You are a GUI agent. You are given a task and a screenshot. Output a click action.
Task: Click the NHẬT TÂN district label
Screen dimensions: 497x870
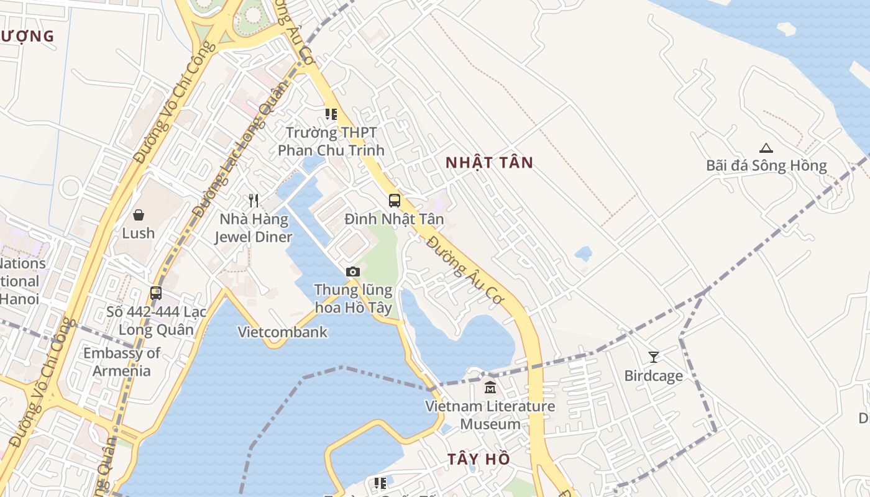tap(490, 163)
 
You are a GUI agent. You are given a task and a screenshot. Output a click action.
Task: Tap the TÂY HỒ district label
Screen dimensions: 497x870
tap(478, 459)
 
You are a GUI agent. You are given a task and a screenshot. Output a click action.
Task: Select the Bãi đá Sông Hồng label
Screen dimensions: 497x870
tap(766, 166)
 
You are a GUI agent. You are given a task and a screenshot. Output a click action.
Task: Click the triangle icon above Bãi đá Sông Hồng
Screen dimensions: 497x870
tap(766, 148)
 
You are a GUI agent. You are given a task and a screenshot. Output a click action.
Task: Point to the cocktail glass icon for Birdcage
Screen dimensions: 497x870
tap(653, 357)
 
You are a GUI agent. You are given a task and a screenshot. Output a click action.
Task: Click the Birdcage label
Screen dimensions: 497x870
tap(653, 376)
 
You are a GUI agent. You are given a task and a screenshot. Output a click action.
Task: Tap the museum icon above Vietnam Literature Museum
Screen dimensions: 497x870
tap(490, 388)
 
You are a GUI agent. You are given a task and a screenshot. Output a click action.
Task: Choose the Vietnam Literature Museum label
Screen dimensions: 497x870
tap(490, 415)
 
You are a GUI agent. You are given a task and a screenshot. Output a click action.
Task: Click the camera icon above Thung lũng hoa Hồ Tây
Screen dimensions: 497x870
tap(353, 271)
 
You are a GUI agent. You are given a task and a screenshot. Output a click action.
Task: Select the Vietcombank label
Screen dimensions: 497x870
tap(283, 332)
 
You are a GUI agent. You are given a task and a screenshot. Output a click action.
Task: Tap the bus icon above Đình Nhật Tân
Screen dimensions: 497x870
tap(395, 201)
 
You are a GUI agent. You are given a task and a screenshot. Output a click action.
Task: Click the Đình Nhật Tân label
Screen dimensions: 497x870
tap(395, 219)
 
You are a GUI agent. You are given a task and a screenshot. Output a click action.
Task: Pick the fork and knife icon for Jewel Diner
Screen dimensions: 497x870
tap(254, 201)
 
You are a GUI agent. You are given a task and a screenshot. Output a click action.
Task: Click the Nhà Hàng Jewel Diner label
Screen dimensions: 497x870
tap(254, 228)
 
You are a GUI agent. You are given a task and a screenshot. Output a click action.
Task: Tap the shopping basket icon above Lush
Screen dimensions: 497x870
tap(139, 215)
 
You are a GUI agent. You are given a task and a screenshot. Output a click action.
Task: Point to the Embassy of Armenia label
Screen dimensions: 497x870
tap(122, 362)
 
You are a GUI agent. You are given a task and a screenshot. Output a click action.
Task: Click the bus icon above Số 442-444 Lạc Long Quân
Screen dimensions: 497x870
tap(156, 293)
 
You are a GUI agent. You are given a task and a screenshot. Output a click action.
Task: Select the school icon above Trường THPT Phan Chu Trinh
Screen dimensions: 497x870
tap(331, 114)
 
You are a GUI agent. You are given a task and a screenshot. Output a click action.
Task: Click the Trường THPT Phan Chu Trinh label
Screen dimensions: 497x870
tap(331, 142)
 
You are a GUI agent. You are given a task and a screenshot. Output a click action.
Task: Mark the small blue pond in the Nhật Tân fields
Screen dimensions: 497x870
tap(583, 253)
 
